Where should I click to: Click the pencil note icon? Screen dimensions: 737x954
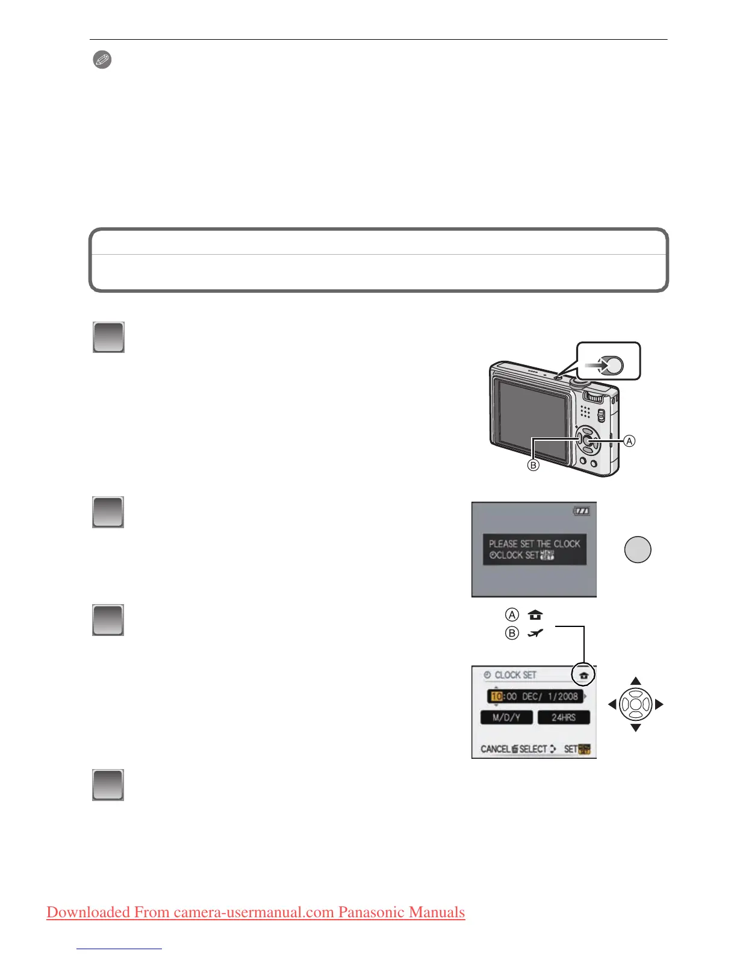coord(102,60)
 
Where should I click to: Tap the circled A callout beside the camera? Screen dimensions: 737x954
coord(629,441)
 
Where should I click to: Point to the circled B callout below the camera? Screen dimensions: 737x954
coord(533,465)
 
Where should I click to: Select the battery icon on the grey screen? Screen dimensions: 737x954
coord(582,511)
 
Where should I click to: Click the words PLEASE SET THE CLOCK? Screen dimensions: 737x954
coord(534,543)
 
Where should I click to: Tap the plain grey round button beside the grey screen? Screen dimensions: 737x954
coord(637,549)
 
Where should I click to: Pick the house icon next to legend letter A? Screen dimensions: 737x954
coord(535,615)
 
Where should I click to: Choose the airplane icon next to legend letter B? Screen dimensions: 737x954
coord(535,633)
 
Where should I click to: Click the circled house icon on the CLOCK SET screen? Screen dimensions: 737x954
coord(583,675)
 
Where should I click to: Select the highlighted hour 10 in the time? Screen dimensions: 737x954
coord(497,696)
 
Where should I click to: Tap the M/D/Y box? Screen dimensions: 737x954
coord(506,717)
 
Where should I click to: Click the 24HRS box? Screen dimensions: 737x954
coord(563,717)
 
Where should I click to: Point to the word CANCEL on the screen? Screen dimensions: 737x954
coord(496,749)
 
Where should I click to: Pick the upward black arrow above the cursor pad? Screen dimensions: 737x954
coord(635,681)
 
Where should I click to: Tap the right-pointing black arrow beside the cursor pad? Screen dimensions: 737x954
coord(659,704)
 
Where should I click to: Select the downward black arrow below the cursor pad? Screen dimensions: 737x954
coord(635,728)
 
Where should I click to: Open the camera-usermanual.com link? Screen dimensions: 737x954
coord(255,912)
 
